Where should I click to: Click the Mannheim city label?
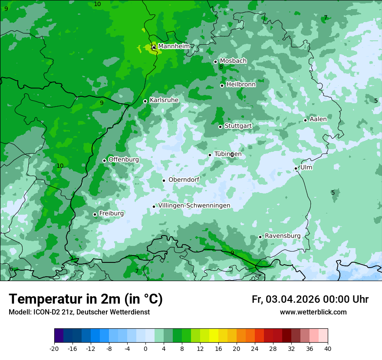[174, 46]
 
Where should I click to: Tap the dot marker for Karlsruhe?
[145, 101]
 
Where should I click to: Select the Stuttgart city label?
[238, 126]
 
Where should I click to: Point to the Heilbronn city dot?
[222, 85]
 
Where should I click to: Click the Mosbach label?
[233, 61]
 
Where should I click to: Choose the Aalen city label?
[318, 119]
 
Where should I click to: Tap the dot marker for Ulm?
[296, 168]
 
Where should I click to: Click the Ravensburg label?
[283, 236]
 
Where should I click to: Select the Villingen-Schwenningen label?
[194, 206]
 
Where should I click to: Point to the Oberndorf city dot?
[164, 180]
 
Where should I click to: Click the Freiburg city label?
[111, 213]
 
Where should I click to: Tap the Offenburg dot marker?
[104, 160]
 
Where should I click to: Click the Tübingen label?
[228, 154]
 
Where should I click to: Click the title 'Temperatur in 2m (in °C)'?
[86, 299]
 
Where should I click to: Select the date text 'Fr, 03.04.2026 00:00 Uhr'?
[310, 300]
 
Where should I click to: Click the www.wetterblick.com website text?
[313, 312]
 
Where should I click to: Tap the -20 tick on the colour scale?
[54, 349]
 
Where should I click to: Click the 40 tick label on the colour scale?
[327, 349]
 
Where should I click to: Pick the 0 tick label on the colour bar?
[145, 349]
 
